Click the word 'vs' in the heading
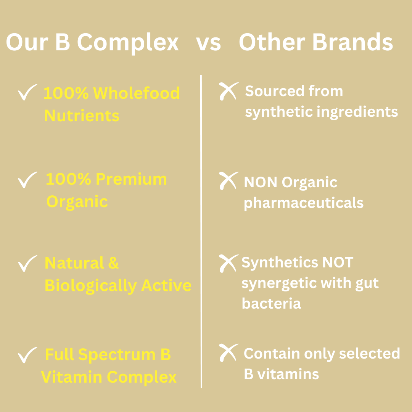point(208,43)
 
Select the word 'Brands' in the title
point(352,42)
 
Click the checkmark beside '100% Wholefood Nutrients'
point(27,92)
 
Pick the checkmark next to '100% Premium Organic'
point(27,180)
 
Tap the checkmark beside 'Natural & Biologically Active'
point(27,264)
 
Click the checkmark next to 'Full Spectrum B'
point(27,355)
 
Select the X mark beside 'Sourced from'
point(228,91)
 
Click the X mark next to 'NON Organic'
point(228,180)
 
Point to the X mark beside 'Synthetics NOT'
point(228,263)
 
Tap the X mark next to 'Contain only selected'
point(228,352)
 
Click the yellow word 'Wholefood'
point(136,93)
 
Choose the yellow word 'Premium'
point(131,179)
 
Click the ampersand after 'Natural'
point(113,263)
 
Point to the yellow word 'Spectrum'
point(117,355)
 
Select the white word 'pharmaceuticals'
point(304,203)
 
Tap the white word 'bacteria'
point(271,303)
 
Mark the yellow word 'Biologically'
point(91,286)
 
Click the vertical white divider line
point(201,231)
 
